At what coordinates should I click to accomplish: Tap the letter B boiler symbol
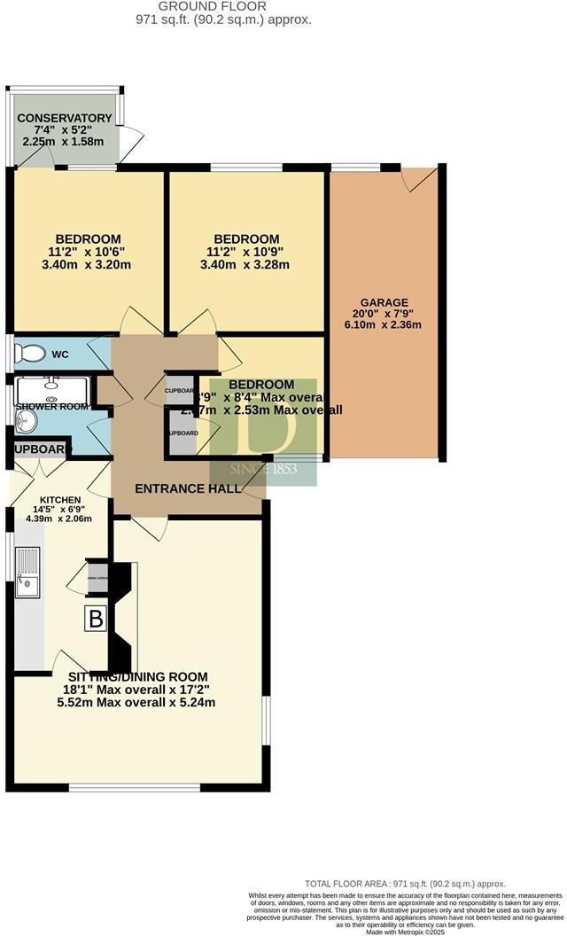click(94, 618)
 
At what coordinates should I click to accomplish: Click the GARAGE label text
click(384, 301)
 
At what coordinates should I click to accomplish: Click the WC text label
click(60, 355)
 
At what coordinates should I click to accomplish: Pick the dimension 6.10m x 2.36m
click(384, 324)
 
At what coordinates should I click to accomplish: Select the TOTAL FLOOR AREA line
click(405, 883)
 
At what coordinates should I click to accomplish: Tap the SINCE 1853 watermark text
click(264, 468)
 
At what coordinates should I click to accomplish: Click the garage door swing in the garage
click(418, 178)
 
